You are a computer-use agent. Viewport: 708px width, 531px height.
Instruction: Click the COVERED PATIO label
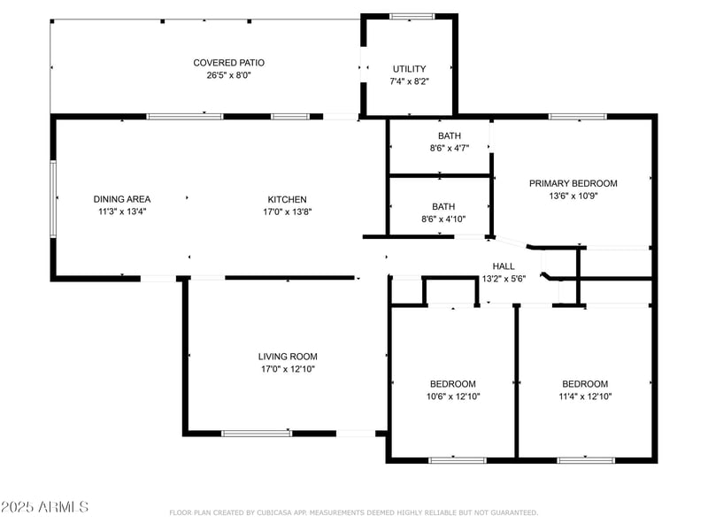(228, 63)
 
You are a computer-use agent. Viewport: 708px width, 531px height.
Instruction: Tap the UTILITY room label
(409, 69)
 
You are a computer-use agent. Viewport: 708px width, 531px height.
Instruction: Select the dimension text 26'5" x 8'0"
(228, 75)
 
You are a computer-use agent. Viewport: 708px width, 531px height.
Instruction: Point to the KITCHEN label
(287, 199)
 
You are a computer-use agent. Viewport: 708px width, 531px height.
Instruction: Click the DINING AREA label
(120, 199)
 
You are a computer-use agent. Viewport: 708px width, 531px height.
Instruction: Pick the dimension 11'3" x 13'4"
(120, 212)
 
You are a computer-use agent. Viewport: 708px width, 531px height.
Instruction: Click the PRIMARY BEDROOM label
(573, 183)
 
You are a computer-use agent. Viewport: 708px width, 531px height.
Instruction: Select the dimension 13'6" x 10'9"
(573, 196)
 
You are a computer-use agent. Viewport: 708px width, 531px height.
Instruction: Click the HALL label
(503, 265)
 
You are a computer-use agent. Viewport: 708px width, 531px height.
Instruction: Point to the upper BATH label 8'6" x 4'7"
(449, 135)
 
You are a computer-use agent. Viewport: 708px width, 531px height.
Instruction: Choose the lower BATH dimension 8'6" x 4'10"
(449, 219)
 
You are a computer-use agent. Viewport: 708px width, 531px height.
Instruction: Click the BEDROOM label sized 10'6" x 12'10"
(452, 384)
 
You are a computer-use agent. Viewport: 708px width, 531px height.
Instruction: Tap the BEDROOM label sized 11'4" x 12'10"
(585, 384)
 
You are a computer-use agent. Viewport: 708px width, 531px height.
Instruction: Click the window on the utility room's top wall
(412, 16)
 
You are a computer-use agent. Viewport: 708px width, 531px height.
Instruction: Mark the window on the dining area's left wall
(53, 198)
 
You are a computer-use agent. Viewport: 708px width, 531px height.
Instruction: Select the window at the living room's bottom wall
(257, 433)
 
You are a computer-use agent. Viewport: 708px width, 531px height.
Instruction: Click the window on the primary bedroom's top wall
(577, 116)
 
